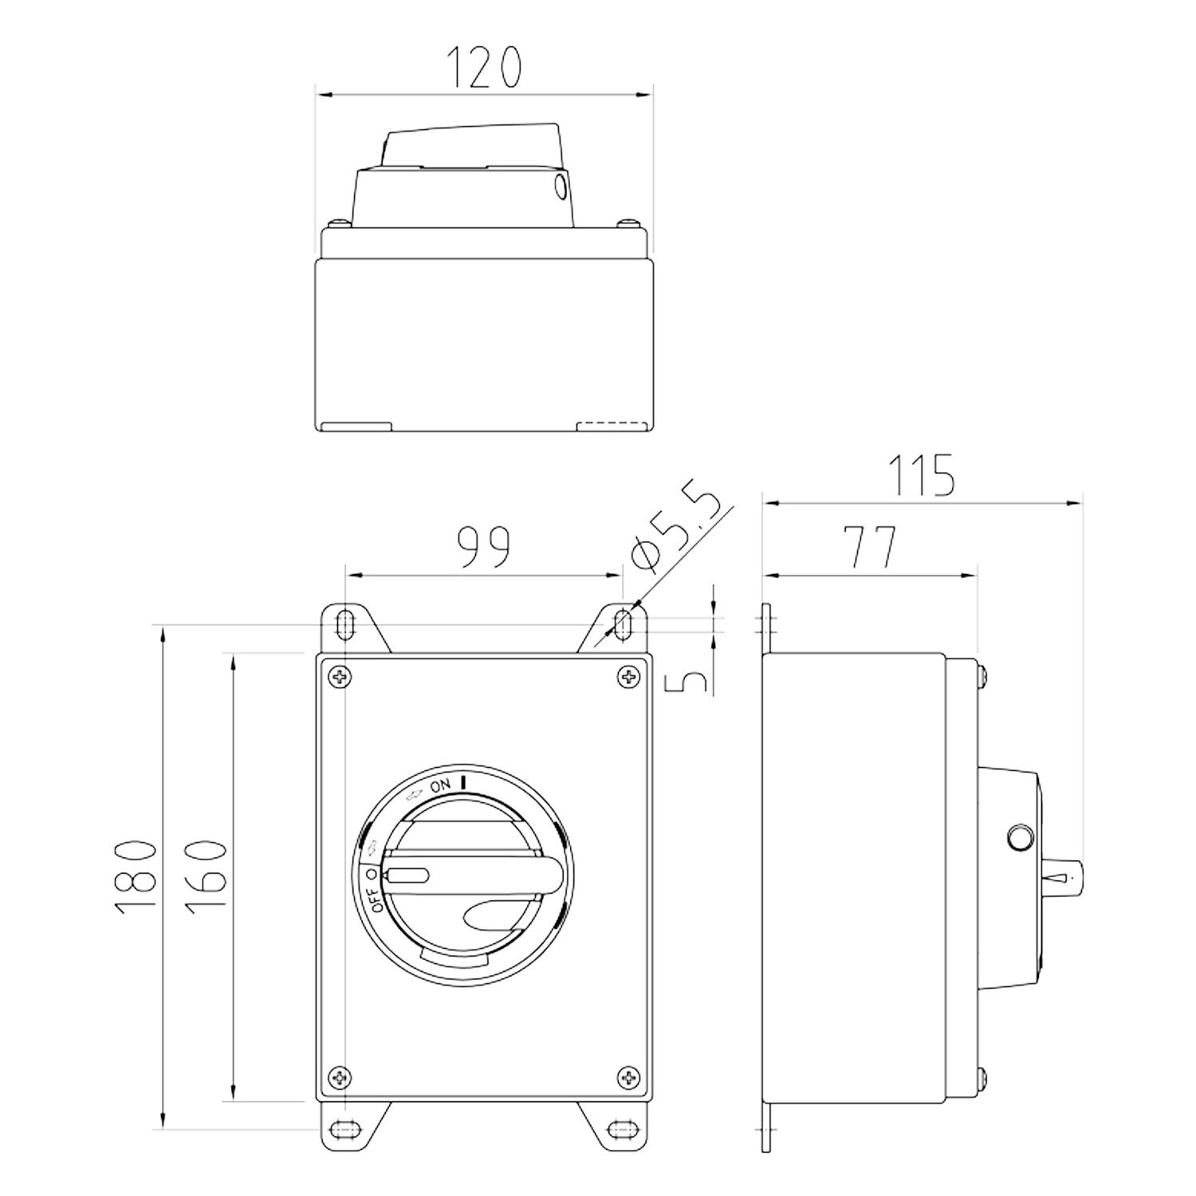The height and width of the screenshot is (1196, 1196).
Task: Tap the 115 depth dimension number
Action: [x=921, y=475]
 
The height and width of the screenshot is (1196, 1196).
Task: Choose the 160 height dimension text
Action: [x=205, y=875]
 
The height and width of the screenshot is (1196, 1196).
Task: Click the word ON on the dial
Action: [x=440, y=786]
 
